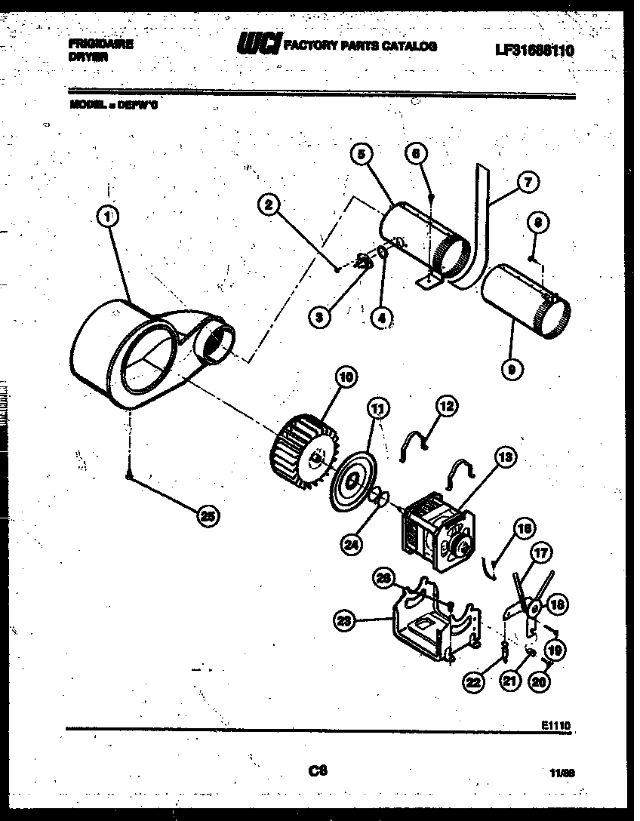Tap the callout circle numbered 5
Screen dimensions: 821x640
(x=362, y=155)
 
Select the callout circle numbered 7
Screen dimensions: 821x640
(x=528, y=181)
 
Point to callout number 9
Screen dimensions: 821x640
(x=513, y=369)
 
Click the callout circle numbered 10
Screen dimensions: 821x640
(x=347, y=378)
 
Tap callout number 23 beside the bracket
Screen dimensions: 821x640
(x=345, y=620)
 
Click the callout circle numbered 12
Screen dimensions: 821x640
(x=447, y=406)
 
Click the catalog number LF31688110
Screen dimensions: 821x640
(x=534, y=51)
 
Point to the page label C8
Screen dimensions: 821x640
(x=318, y=770)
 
